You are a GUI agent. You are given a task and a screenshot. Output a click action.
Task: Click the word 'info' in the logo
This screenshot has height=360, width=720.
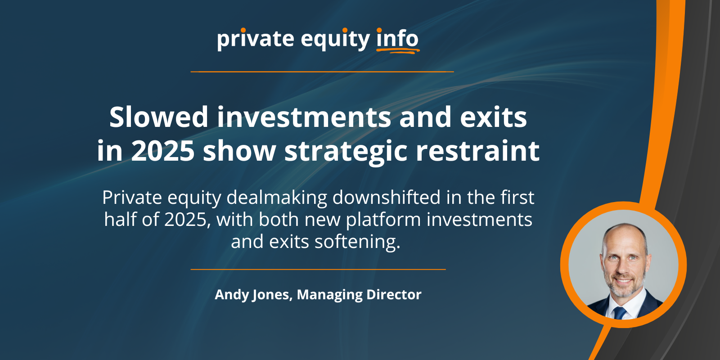(397, 38)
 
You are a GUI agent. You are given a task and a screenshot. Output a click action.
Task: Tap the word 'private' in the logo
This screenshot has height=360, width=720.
(256, 39)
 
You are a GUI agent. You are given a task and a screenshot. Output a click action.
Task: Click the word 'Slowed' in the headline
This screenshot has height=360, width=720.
(159, 117)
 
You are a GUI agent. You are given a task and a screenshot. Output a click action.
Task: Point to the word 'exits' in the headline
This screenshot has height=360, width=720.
(493, 117)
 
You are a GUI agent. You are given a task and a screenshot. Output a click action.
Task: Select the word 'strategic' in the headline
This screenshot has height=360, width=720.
(346, 152)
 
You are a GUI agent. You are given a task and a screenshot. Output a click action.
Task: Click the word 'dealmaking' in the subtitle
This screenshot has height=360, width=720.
(277, 198)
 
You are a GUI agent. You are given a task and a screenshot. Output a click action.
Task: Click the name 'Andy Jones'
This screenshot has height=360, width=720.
(252, 295)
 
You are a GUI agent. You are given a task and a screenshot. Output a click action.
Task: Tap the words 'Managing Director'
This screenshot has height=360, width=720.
(359, 295)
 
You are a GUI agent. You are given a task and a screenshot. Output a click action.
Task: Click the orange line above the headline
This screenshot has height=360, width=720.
(322, 72)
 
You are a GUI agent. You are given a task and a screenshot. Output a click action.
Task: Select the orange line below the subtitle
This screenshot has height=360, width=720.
(318, 270)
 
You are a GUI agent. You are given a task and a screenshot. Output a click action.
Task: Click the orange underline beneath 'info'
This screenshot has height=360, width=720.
(398, 50)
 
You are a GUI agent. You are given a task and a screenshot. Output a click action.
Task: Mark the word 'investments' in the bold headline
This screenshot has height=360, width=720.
(304, 117)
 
